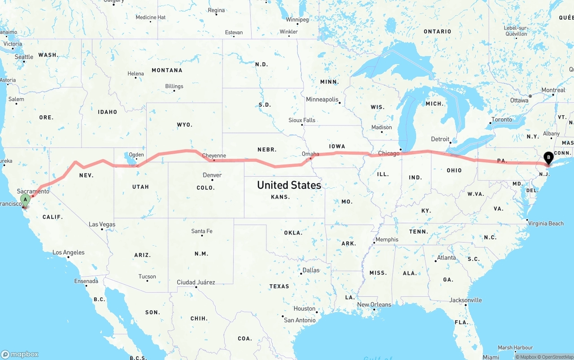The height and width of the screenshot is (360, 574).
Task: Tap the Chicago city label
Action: click(x=388, y=153)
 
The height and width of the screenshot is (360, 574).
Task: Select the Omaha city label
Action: click(x=310, y=154)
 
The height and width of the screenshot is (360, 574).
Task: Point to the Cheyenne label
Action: click(x=214, y=156)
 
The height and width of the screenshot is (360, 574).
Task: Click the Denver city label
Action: click(x=212, y=175)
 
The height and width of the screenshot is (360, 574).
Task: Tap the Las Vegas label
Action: click(x=102, y=224)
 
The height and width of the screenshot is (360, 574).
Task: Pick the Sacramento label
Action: click(x=33, y=191)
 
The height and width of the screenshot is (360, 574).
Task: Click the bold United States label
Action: click(x=289, y=185)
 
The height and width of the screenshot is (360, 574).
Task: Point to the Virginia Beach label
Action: click(x=546, y=223)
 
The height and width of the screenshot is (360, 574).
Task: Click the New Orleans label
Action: click(x=374, y=304)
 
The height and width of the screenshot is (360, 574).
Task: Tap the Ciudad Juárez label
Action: click(x=196, y=282)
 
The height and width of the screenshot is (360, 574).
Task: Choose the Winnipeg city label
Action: click(x=297, y=20)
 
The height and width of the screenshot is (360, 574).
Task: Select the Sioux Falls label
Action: click(x=302, y=120)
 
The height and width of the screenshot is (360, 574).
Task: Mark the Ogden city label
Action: click(x=136, y=155)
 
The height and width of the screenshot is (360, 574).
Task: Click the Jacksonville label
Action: click(x=465, y=300)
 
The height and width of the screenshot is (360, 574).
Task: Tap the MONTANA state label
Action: click(x=167, y=70)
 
